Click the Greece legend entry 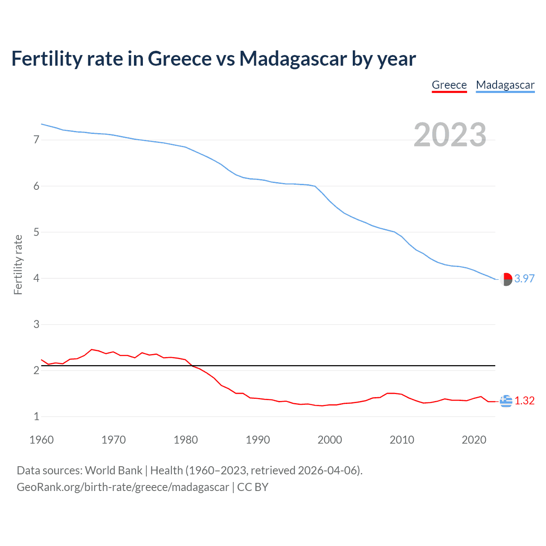pos(449,85)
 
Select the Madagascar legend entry pos(505,85)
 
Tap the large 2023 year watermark pos(450,135)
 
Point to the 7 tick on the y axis pos(36,139)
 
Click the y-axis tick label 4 pos(36,278)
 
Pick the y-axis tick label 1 pos(36,416)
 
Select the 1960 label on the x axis pos(41,440)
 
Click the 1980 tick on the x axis pos(186,440)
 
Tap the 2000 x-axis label pos(330,440)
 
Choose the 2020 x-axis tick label pos(474,440)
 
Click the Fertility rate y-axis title pos(18,264)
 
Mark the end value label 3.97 pos(524,279)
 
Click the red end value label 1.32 pos(524,401)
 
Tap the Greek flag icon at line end pos(506,401)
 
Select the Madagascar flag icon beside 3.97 pos(506,279)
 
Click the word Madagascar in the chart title pos(293,59)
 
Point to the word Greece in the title pos(179,59)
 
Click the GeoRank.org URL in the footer pos(123,487)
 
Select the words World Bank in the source pos(113,470)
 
